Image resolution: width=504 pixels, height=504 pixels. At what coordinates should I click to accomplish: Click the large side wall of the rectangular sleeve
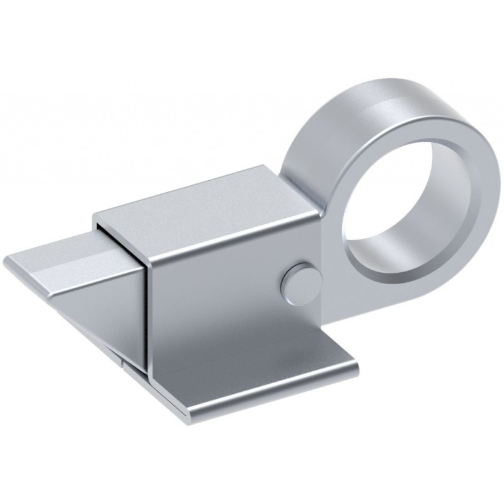[x=214, y=290]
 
